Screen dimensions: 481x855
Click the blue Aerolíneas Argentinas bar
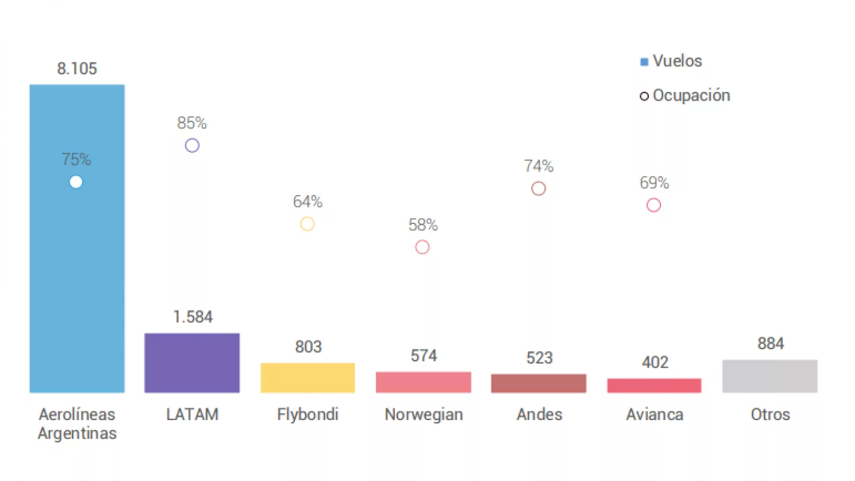pos(77,267)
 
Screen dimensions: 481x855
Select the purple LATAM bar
pos(192,363)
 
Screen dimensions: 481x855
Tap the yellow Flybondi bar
pos(308,378)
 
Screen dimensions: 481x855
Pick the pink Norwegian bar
pos(423,382)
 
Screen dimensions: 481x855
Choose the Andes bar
pos(539,383)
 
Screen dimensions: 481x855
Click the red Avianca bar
pos(654,385)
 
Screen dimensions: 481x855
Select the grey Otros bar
pos(770,376)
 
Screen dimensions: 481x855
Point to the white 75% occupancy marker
pos(76,182)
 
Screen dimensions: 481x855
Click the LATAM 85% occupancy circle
pos(192,145)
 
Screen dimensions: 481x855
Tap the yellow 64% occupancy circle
pos(307,223)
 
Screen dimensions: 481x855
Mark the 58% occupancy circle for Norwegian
pos(422,247)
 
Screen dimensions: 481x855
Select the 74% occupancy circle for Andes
pos(538,189)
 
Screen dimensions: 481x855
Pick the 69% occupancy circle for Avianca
pos(654,205)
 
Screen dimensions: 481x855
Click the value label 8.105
pos(77,68)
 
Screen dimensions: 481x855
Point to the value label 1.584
pos(192,317)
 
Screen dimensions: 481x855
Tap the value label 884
pos(771,343)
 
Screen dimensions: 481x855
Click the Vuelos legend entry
pos(672,61)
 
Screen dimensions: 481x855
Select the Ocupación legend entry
pos(685,95)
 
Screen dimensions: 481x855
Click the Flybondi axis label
pos(308,414)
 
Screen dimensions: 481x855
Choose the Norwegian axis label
pos(424,414)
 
